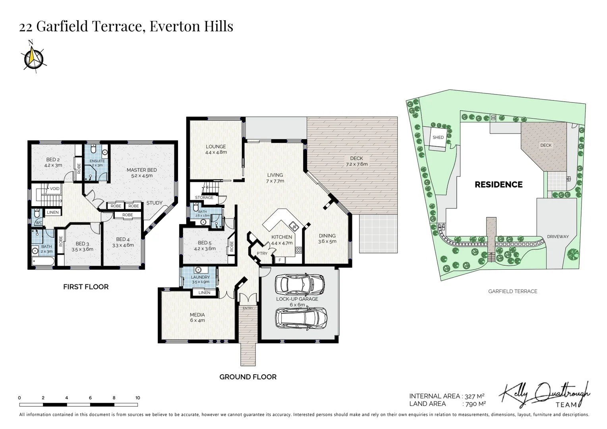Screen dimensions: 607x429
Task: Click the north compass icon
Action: (x=33, y=58)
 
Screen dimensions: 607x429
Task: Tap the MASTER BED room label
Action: (x=142, y=170)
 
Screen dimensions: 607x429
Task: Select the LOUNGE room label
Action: (x=216, y=147)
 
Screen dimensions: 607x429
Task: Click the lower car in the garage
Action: (x=301, y=319)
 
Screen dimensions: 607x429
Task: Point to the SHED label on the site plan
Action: (x=438, y=137)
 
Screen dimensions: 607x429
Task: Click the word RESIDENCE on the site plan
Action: (x=499, y=185)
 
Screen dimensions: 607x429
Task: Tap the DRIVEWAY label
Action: (x=558, y=237)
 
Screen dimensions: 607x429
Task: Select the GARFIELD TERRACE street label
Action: (x=513, y=291)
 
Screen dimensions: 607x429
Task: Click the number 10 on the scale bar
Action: (x=138, y=398)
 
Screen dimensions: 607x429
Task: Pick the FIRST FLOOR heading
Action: (x=86, y=287)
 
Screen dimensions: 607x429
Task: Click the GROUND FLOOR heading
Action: (x=248, y=377)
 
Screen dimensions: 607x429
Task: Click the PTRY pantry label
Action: (x=262, y=253)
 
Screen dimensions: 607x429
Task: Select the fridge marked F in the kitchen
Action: (x=280, y=260)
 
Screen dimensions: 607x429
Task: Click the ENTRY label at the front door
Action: (x=248, y=308)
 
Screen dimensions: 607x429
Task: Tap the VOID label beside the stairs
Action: (x=55, y=189)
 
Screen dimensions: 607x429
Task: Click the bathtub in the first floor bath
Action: (x=43, y=261)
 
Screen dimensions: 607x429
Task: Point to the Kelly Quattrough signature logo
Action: (x=544, y=394)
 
